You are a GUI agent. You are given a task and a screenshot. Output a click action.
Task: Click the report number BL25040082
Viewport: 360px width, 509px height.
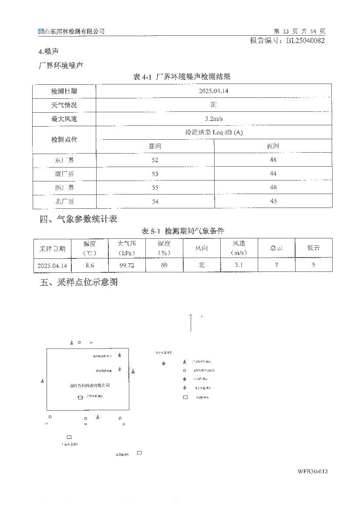point(305,40)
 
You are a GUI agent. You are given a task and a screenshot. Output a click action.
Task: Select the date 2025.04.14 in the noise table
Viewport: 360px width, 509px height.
point(213,91)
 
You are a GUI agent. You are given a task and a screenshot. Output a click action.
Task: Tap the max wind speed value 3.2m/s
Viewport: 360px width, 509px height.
point(213,119)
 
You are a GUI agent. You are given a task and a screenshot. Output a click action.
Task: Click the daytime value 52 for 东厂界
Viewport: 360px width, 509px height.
point(155,160)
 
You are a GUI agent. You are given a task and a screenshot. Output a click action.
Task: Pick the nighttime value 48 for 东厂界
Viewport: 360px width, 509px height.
point(273,160)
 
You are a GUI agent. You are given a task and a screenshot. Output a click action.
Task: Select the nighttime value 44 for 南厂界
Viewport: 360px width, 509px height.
point(273,174)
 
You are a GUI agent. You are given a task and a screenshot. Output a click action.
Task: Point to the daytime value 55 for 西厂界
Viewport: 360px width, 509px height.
point(155,188)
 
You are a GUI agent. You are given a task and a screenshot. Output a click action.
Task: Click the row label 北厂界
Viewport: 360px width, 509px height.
point(64,201)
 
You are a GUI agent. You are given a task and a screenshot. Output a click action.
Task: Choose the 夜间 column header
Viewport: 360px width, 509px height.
point(273,147)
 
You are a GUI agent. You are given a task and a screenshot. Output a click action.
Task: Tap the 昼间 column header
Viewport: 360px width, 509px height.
point(155,147)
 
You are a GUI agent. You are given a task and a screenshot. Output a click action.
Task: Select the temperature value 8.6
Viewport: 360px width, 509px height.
point(90,265)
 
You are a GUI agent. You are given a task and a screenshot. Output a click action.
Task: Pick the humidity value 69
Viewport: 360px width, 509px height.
point(164,265)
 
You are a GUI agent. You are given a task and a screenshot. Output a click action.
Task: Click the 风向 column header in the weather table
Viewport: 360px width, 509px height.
point(202,248)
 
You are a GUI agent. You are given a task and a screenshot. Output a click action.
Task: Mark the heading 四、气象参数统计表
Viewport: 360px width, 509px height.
point(78,219)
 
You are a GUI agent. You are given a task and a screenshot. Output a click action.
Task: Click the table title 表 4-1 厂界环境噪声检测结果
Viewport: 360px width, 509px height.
point(182,77)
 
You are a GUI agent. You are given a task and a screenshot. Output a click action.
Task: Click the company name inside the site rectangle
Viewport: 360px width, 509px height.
point(90,385)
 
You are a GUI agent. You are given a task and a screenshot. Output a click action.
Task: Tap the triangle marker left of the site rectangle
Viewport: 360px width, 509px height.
point(42,381)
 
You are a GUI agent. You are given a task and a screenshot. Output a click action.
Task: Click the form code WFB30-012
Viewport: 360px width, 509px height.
point(312,472)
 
